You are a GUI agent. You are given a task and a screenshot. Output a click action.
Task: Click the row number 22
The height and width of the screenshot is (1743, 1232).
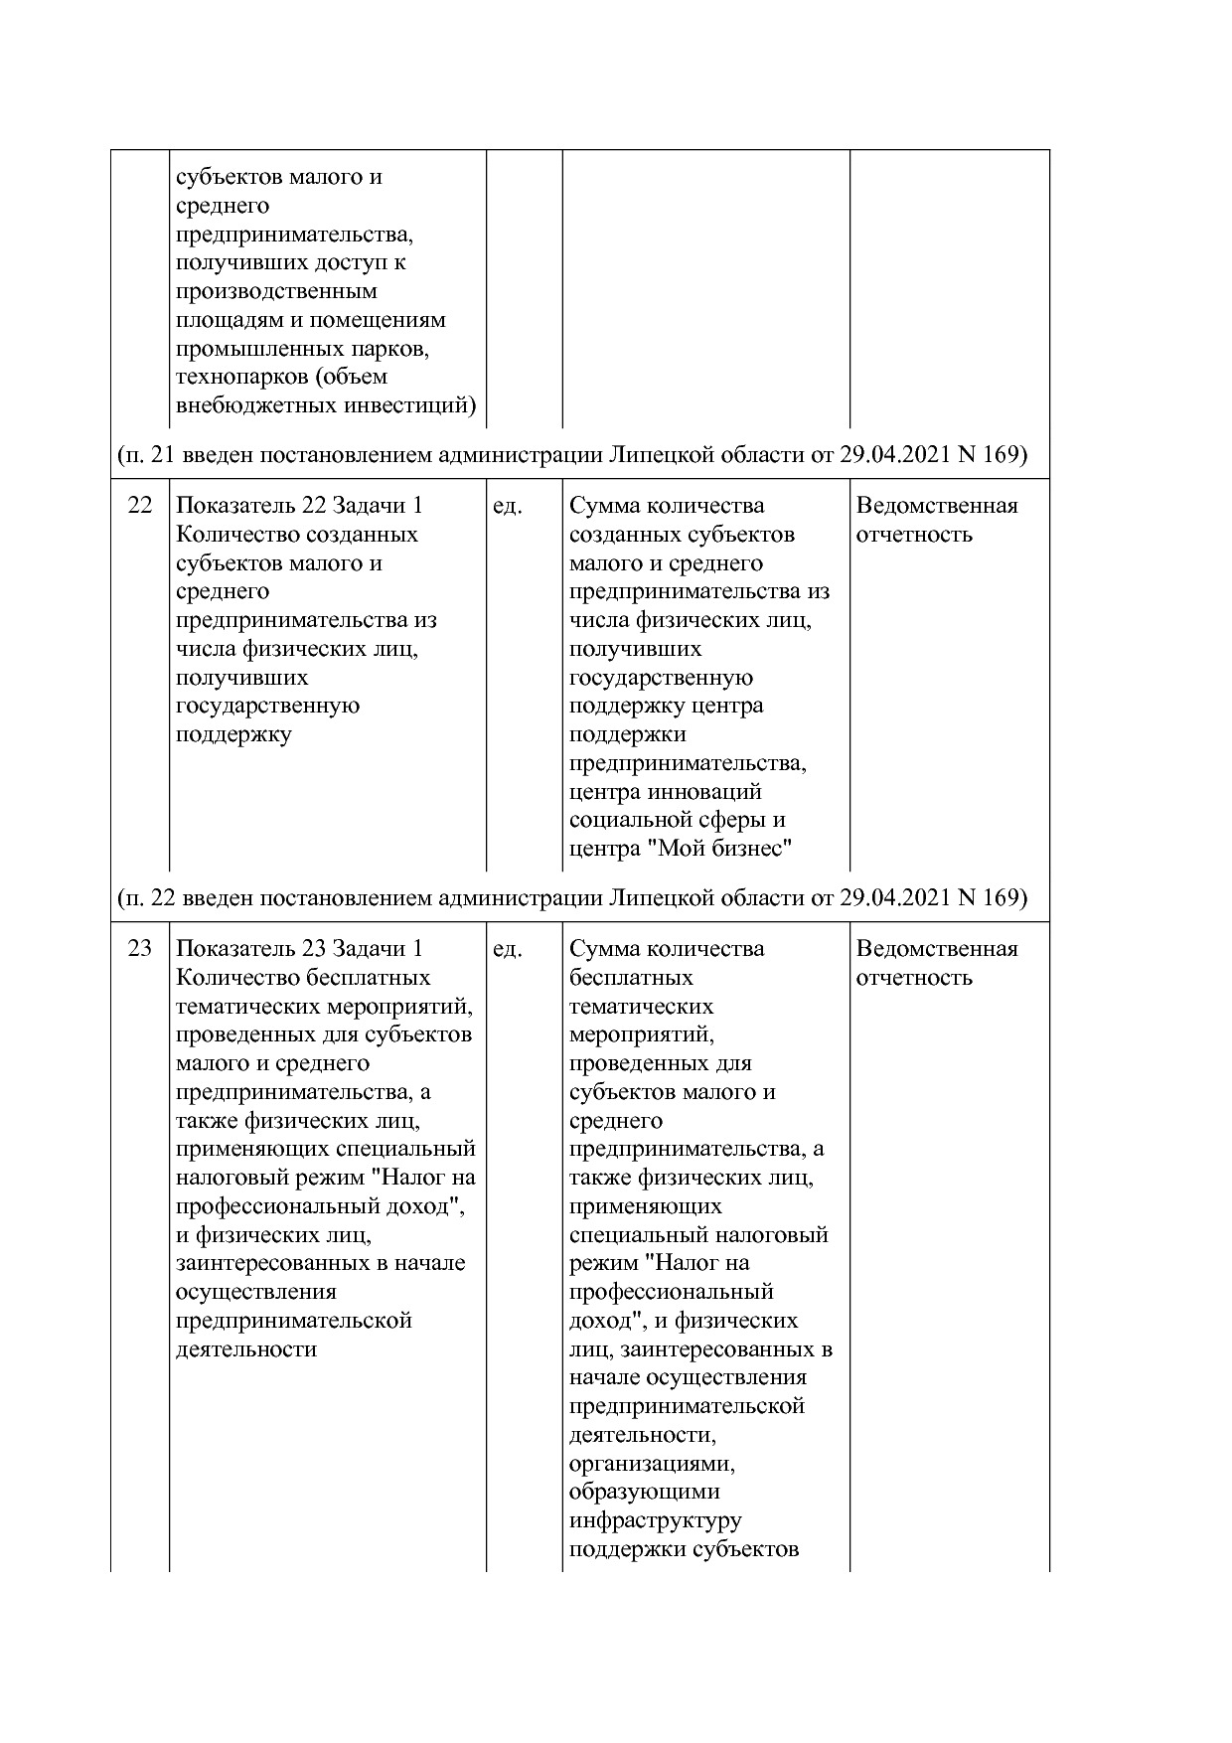(x=140, y=506)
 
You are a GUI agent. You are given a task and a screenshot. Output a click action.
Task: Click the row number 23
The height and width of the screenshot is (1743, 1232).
(x=140, y=949)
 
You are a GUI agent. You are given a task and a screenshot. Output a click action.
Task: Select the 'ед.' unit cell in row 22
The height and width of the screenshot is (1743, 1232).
(x=507, y=506)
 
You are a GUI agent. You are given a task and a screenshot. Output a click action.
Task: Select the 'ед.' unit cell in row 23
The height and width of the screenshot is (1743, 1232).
(x=507, y=949)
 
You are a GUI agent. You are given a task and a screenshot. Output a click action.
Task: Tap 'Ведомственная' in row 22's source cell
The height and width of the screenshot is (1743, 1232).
(x=936, y=506)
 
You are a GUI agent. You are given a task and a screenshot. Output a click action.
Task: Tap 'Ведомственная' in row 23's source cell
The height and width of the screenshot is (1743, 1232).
(x=936, y=949)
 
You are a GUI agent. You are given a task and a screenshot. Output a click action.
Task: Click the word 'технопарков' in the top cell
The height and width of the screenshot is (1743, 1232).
(x=231, y=378)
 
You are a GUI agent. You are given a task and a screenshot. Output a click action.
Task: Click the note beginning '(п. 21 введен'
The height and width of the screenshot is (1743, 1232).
(x=571, y=455)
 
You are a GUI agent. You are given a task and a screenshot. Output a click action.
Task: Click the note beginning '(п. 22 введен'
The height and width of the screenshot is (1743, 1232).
(x=571, y=898)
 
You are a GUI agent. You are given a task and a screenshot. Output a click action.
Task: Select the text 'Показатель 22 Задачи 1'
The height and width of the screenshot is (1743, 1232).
(x=299, y=506)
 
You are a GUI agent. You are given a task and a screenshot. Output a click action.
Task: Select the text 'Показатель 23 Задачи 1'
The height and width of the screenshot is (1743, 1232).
(x=299, y=949)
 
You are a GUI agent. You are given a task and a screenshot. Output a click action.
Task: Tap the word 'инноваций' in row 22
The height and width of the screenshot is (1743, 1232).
(x=704, y=793)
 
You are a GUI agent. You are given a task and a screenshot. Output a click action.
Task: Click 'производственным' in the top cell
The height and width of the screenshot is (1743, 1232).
(x=276, y=292)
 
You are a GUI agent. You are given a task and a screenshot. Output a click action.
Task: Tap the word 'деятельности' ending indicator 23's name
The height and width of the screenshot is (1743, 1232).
(x=245, y=1350)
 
